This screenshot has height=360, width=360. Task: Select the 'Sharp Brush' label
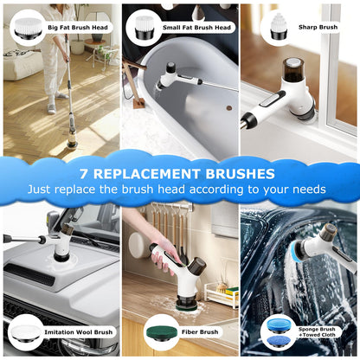(318, 27)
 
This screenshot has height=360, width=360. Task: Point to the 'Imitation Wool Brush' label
(78, 331)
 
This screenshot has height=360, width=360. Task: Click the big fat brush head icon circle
(26, 26)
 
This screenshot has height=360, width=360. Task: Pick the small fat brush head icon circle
(143, 26)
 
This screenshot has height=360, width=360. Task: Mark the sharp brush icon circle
(279, 26)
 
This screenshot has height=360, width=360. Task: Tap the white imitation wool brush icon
(25, 331)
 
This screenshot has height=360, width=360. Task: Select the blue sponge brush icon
(279, 331)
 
